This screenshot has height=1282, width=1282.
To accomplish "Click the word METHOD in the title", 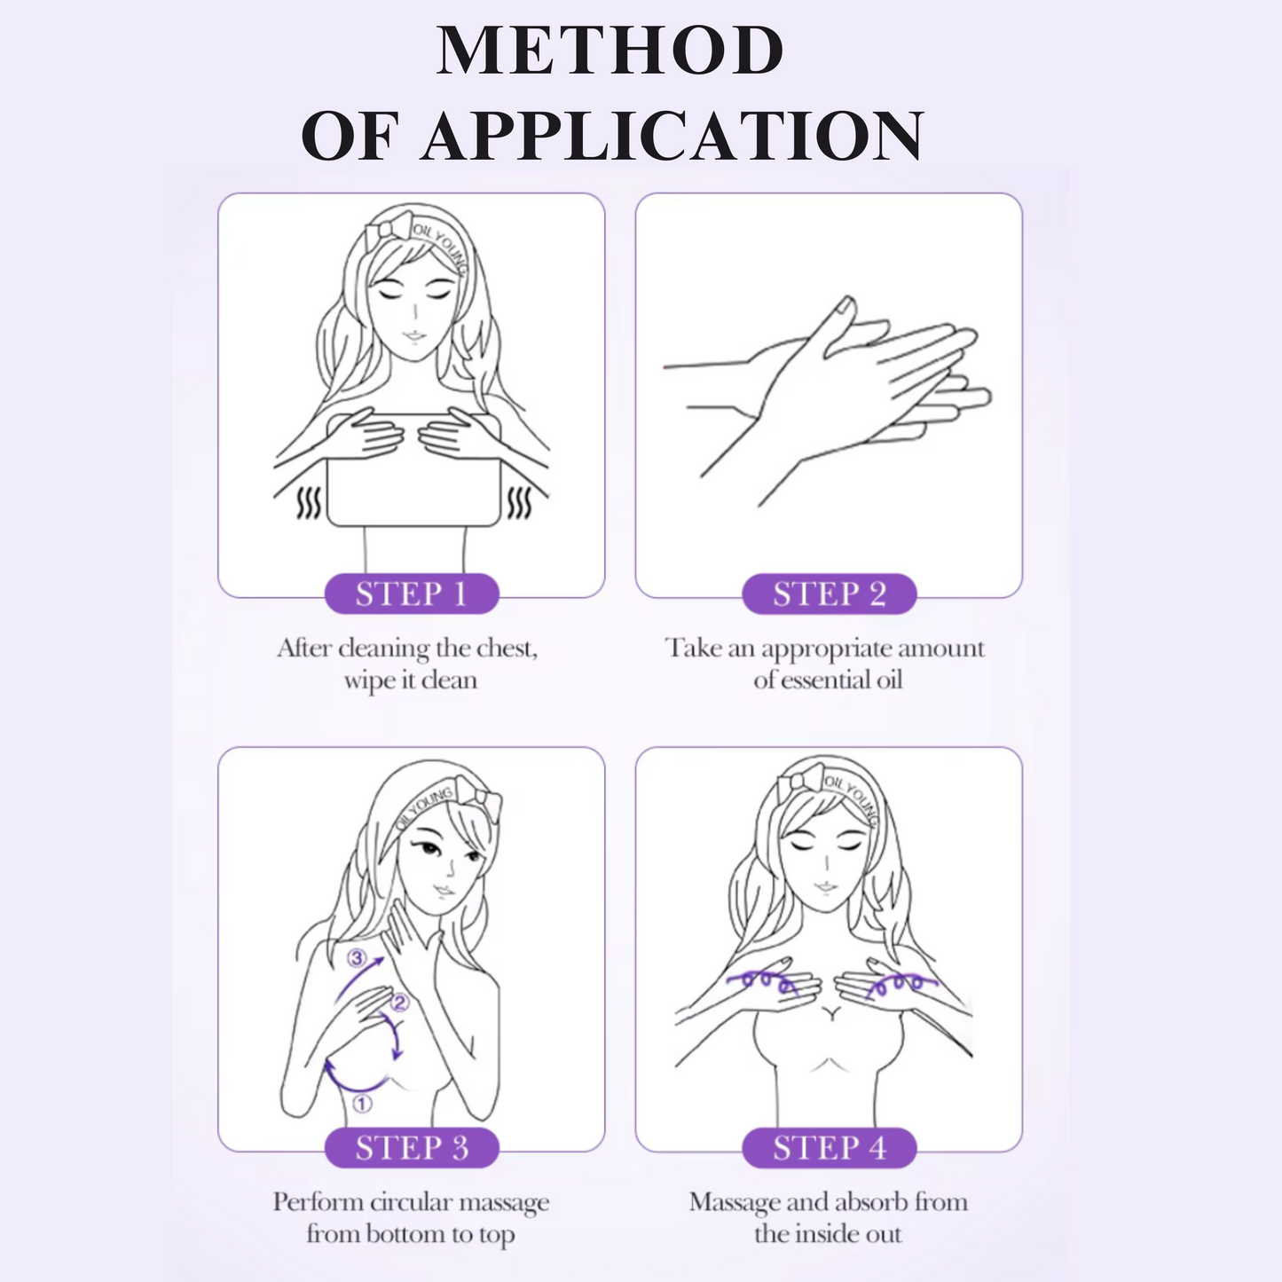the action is click(610, 51).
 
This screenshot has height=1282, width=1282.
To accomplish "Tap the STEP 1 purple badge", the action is click(412, 594).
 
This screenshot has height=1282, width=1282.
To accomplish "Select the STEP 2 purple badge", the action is click(829, 594).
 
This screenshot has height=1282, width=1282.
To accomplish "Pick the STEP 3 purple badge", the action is click(412, 1148).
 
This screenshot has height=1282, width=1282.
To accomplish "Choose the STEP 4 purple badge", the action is click(829, 1148).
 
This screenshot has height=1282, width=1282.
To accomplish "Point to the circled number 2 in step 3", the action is click(399, 1003).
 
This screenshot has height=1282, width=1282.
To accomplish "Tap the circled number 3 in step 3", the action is click(357, 958).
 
